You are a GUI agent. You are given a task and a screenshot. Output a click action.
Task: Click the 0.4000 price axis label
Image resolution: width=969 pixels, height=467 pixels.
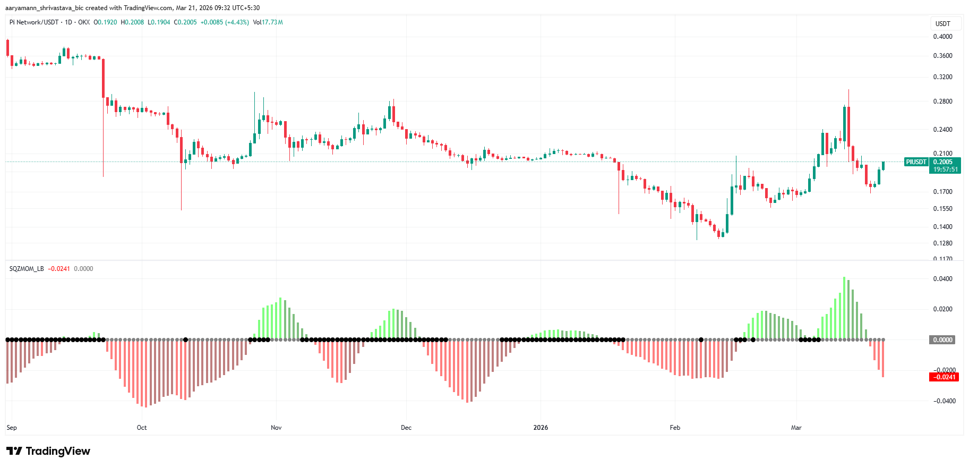click(x=942, y=37)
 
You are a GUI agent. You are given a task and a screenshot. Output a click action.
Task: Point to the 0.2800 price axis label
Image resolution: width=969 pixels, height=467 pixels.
click(x=942, y=101)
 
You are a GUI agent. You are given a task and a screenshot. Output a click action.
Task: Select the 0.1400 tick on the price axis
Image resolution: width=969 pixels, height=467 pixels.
click(x=942, y=227)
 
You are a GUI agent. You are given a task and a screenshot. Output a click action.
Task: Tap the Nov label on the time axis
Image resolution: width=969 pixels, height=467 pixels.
click(x=276, y=428)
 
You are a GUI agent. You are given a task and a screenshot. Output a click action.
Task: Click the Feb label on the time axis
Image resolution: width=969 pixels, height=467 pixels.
click(x=675, y=428)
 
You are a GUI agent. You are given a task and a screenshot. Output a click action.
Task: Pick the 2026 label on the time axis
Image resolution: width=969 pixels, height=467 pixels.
click(x=541, y=428)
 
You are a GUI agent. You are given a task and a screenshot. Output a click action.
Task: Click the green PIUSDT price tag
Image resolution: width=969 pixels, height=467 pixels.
click(x=916, y=162)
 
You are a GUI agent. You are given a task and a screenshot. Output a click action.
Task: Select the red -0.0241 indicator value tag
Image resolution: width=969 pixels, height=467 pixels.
click(x=944, y=377)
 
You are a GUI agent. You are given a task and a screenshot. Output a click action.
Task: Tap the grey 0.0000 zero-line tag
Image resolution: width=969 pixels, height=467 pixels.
click(x=942, y=340)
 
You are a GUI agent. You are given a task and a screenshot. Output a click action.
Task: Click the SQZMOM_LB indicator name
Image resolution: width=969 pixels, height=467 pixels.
click(x=27, y=269)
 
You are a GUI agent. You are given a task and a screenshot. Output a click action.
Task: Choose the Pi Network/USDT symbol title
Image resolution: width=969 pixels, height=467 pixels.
click(x=34, y=22)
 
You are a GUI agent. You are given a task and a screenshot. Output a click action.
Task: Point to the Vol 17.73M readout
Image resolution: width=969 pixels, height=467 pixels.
click(x=268, y=22)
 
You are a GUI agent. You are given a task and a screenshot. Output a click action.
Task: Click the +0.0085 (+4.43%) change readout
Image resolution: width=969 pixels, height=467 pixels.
click(x=225, y=22)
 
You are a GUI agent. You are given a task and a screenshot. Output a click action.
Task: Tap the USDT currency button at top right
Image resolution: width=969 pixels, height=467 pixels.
click(x=942, y=24)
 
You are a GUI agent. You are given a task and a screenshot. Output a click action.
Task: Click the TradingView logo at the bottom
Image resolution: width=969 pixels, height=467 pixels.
click(x=49, y=451)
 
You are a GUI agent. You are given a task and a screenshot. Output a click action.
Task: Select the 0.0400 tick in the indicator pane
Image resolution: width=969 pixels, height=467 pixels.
click(x=942, y=279)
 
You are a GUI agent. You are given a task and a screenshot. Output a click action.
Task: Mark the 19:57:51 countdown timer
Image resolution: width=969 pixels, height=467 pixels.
click(x=945, y=169)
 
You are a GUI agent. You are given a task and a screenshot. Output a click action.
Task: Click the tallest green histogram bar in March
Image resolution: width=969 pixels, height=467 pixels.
click(x=844, y=308)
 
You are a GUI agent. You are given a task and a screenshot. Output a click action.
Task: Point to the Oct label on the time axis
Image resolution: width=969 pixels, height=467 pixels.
click(x=142, y=428)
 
